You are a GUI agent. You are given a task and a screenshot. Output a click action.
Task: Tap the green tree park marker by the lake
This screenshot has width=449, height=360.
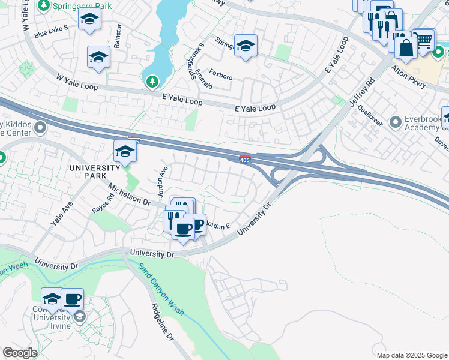click(152, 81)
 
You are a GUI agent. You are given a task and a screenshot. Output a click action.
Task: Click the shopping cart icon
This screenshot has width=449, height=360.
click(424, 40)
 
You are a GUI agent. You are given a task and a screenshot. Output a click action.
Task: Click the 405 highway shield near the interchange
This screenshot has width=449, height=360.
click(245, 159)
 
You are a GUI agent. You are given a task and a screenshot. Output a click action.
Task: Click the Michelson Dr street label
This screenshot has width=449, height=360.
click(129, 195)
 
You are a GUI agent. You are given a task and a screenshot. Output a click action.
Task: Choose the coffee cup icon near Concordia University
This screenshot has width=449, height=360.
click(72, 298)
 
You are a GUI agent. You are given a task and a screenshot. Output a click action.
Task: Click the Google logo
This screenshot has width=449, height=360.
click(20, 352)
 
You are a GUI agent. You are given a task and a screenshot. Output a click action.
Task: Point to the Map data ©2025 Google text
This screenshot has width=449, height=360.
click(412, 355)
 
